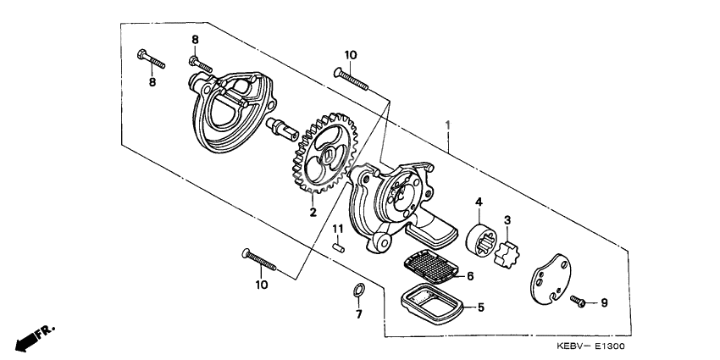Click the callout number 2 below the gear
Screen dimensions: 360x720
[313, 213]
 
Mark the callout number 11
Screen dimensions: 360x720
[337, 230]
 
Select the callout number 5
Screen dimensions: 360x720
[479, 307]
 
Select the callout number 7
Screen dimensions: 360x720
[358, 314]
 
